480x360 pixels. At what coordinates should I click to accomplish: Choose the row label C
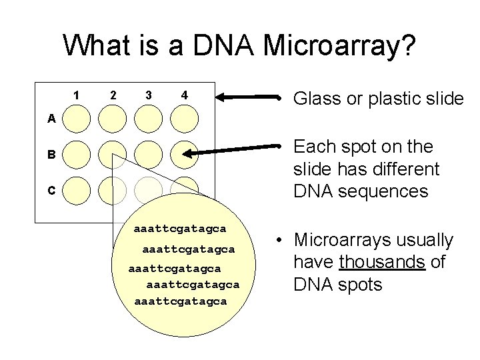click(51, 190)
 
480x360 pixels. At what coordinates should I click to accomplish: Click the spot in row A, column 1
click(77, 119)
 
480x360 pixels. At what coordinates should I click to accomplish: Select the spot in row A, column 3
click(148, 119)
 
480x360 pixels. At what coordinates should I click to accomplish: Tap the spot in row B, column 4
click(184, 154)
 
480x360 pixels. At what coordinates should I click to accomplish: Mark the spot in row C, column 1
click(77, 190)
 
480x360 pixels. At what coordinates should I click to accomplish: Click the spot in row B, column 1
click(77, 154)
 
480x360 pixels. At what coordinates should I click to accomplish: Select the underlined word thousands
click(382, 262)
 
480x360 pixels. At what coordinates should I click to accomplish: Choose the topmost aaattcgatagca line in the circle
click(180, 229)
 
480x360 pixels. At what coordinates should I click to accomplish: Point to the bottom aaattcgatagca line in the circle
click(180, 301)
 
